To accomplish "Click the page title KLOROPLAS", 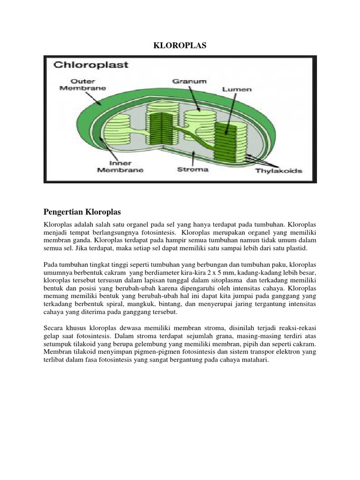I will click(180, 45).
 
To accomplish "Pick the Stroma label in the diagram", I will click(193, 169).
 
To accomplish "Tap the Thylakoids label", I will click(278, 171).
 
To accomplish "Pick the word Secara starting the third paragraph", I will click(54, 328).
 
